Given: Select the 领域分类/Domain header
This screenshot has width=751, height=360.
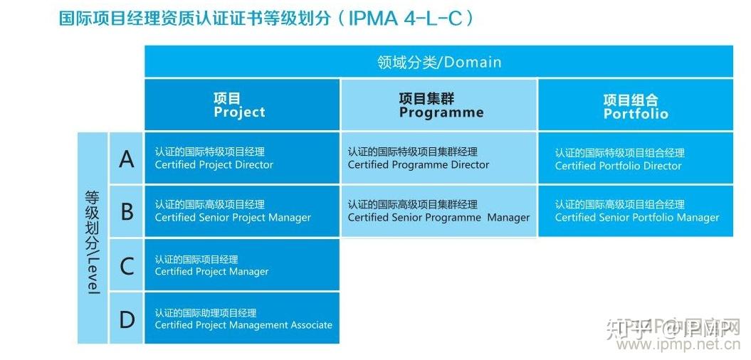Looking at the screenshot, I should pyautogui.click(x=438, y=62).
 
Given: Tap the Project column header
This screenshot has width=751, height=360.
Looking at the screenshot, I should pyautogui.click(x=241, y=105).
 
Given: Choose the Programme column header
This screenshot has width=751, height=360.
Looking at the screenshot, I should pyautogui.click(x=439, y=105).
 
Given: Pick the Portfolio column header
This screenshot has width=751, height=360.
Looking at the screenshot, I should pyautogui.click(x=635, y=106).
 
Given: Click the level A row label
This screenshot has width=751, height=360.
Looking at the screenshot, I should pyautogui.click(x=127, y=158).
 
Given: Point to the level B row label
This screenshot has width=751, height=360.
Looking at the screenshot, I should pyautogui.click(x=127, y=211).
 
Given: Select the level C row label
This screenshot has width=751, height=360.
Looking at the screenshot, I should pyautogui.click(x=127, y=265).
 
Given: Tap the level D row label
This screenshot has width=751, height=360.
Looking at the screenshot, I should pyautogui.click(x=127, y=319).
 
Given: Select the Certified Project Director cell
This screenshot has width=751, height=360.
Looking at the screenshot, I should pyautogui.click(x=241, y=158).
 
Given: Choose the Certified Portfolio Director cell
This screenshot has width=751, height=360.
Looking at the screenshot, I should pyautogui.click(x=635, y=159).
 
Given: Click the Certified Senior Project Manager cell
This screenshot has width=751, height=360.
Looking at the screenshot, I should pyautogui.click(x=241, y=211).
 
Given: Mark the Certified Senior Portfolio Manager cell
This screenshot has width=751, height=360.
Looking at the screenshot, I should pyautogui.click(x=635, y=211).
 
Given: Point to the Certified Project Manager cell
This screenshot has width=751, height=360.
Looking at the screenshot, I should pyautogui.click(x=241, y=265).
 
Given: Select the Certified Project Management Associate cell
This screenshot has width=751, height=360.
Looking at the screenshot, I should pyautogui.click(x=241, y=319).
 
